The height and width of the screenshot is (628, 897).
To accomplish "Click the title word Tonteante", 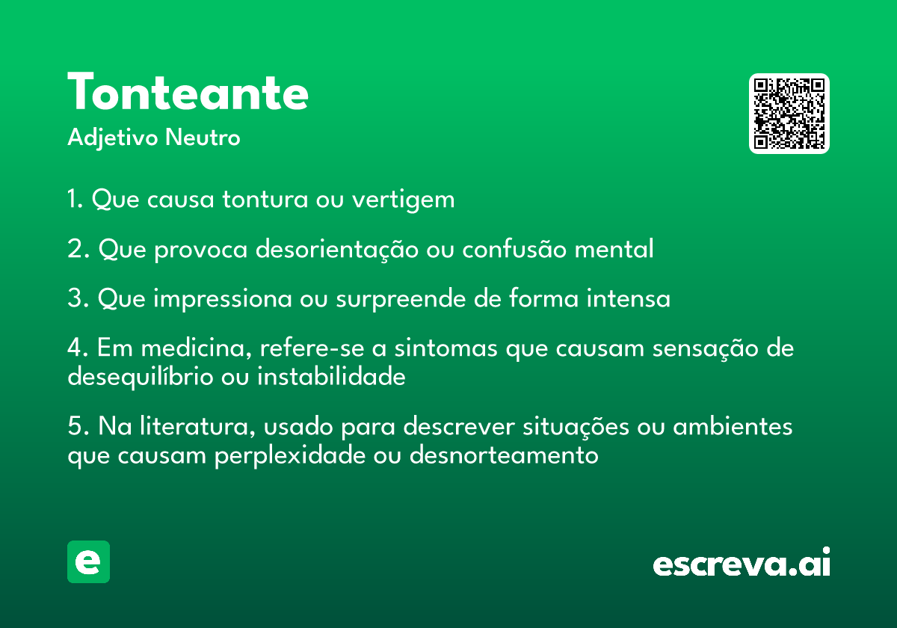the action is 188,91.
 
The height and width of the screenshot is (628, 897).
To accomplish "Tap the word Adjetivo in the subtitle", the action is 113,138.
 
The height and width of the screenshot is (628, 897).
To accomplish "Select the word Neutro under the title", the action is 203,138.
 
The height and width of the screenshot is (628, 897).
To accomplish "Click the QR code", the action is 789,114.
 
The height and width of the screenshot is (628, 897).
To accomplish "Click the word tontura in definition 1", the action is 265,199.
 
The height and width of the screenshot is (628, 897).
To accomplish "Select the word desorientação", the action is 337,249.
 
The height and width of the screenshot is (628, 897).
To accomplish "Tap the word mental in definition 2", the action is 614,249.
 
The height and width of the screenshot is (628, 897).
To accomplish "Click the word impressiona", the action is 222,299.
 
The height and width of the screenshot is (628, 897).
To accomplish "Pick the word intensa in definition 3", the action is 629,298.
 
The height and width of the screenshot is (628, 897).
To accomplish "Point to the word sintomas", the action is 446,348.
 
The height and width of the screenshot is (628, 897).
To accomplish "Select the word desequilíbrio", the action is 141,377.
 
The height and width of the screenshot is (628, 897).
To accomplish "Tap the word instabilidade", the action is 331,376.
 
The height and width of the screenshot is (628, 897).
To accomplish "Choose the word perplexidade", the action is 290,455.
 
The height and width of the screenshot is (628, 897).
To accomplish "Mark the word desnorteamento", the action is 504,455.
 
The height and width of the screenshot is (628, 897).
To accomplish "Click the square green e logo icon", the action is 88,561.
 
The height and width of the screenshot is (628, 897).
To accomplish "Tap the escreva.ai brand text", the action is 742,562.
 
